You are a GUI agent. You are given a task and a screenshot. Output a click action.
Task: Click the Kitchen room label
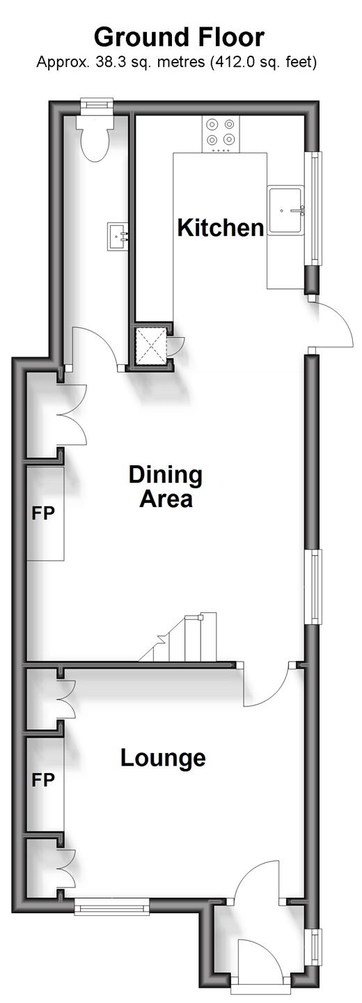[221, 228]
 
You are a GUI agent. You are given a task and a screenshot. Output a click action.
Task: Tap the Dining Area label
[166, 487]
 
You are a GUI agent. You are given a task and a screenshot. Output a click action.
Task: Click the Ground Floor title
[179, 37]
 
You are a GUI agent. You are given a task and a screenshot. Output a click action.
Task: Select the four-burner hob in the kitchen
[221, 134]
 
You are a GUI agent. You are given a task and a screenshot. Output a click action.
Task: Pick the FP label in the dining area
[43, 513]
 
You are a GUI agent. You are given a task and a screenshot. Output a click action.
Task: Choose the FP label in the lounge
[43, 780]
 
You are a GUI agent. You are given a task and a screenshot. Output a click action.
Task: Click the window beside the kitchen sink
[316, 209]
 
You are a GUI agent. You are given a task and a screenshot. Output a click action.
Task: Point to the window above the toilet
[96, 103]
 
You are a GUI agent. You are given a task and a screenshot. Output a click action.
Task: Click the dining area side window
[316, 586]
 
